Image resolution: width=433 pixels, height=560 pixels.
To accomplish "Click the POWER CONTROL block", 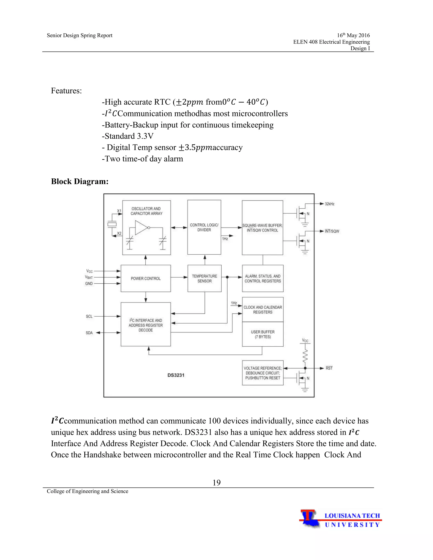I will pos(146,279).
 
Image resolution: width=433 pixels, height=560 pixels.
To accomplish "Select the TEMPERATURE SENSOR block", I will pos(204,279).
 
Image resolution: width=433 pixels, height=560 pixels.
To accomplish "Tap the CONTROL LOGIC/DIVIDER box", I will pos(204,227).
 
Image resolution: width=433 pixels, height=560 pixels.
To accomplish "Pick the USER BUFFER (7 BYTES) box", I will pos(263,334).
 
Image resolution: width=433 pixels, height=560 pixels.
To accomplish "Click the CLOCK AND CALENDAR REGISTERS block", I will pos(263,310).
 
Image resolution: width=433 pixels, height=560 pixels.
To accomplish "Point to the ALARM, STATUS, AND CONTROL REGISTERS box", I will pos(263,279).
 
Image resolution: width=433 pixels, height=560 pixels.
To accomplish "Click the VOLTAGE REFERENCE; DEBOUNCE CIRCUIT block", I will pos(263,373).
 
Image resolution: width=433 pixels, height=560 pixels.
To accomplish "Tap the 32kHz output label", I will pos(329,204).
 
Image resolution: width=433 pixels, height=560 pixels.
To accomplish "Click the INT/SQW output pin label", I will pos(332,231).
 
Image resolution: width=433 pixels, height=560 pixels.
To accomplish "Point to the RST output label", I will pos(329,368).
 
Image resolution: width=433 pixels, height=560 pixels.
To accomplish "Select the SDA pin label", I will pos(89,333).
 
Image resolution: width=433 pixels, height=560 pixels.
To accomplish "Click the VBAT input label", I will pos(89,277).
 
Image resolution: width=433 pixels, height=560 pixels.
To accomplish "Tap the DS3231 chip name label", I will pos(176,375).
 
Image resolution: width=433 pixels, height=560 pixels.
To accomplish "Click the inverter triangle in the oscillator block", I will pos(141,227).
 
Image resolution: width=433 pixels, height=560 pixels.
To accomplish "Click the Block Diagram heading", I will pos(80,182).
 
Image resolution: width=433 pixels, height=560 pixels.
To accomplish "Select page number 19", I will pos(216,483).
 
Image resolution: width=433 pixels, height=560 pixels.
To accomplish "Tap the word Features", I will pos(66,91).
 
